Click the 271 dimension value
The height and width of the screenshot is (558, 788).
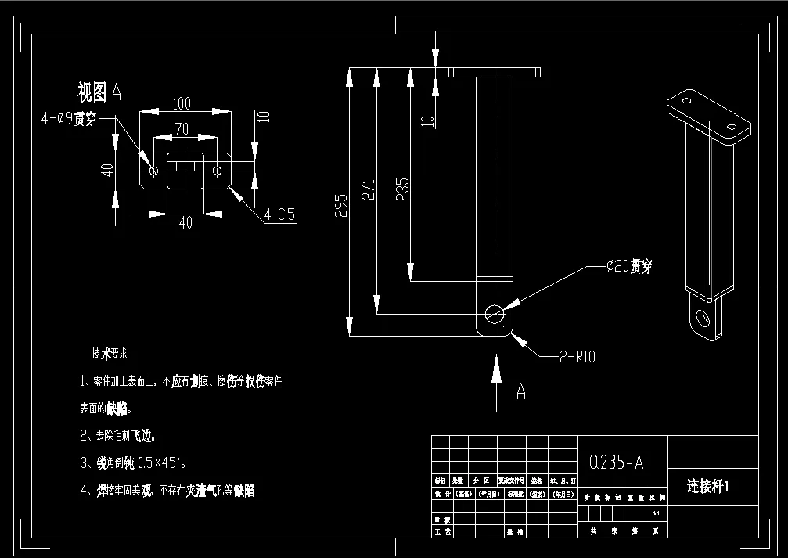click(369, 191)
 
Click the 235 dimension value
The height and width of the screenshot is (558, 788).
click(403, 190)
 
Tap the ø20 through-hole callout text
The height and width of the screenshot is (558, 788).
click(629, 266)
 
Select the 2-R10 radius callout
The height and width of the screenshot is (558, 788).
click(577, 357)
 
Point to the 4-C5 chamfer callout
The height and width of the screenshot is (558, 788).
click(279, 214)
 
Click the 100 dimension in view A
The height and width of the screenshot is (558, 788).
click(182, 103)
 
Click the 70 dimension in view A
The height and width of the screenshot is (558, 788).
click(182, 128)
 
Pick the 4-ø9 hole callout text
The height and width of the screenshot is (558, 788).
click(68, 118)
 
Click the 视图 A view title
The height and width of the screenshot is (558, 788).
click(99, 92)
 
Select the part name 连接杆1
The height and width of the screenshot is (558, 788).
click(708, 486)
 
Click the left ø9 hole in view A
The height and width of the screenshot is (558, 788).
click(153, 170)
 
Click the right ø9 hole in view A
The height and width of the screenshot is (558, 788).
click(217, 170)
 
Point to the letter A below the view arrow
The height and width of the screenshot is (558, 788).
click(520, 391)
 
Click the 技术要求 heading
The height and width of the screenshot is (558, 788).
click(115, 354)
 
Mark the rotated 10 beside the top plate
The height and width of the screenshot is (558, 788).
click(426, 121)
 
